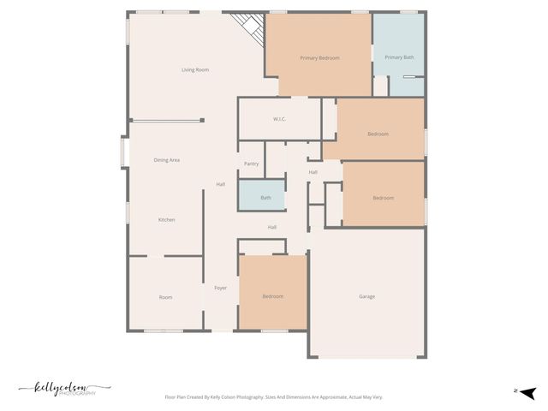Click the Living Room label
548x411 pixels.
click(x=195, y=69)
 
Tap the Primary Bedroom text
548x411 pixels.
click(x=319, y=58)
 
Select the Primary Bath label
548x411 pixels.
click(x=399, y=57)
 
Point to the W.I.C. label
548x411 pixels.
click(x=279, y=119)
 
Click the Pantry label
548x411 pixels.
click(x=251, y=164)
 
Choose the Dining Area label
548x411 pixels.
click(x=166, y=160)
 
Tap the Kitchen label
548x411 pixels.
click(x=166, y=220)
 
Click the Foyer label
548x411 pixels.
click(x=220, y=288)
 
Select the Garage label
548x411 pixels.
click(x=366, y=296)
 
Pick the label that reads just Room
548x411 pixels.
click(x=165, y=297)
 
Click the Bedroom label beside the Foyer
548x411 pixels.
click(x=272, y=296)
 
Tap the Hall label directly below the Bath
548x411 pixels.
click(x=271, y=227)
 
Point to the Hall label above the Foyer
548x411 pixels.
click(x=220, y=184)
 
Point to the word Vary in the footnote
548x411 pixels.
click(x=377, y=397)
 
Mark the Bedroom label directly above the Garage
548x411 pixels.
click(x=383, y=198)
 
